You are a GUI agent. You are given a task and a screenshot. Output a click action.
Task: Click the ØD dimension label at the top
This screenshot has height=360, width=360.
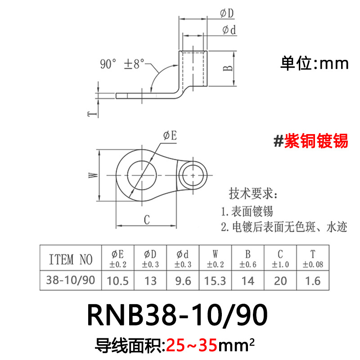tap(227, 14)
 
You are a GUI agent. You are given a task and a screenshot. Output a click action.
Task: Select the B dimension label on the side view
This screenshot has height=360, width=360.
tap(228, 68)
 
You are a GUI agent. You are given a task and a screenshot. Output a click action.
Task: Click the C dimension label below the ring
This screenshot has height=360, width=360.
tap(146, 220)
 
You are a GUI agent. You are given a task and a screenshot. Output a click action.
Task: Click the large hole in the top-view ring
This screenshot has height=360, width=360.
tap(142, 174)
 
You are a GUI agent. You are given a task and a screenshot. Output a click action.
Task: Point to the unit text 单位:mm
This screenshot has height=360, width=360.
tap(315, 63)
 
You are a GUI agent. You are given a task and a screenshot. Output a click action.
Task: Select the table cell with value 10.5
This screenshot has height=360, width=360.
tap(117, 281)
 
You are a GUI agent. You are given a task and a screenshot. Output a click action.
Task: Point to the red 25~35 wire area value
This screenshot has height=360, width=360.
tap(192, 346)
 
